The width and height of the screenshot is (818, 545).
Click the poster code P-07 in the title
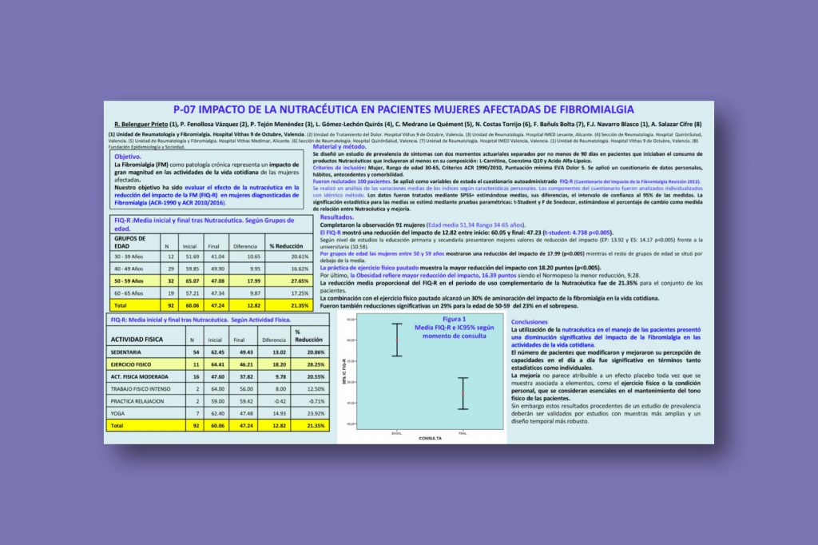(185, 109)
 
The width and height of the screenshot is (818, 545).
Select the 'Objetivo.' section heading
(128, 157)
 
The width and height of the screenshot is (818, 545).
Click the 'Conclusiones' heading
(529, 321)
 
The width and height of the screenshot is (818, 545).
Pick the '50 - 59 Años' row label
(129, 281)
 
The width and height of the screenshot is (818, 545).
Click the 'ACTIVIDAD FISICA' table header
(137, 340)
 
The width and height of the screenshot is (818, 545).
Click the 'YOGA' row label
(119, 413)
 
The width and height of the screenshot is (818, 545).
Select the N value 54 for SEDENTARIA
(197, 352)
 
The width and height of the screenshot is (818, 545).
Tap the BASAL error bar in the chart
(397, 340)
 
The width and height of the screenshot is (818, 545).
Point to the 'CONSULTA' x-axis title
(431, 438)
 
